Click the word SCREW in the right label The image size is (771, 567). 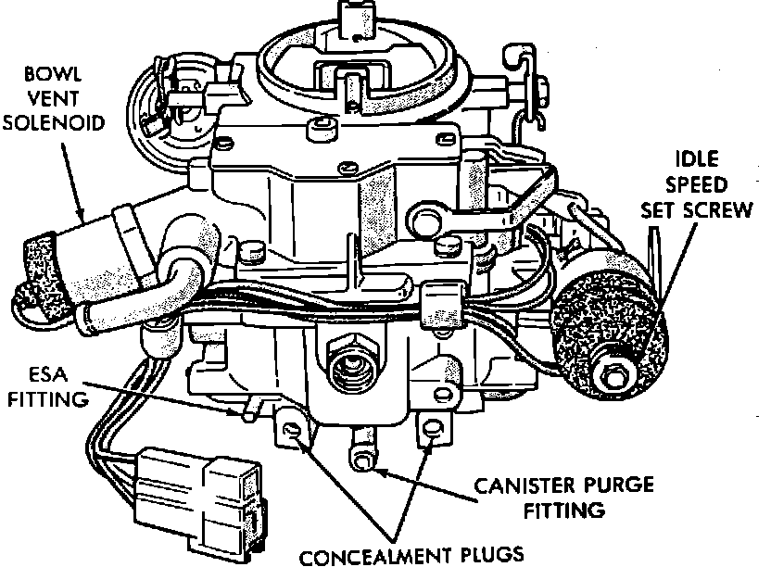click(x=725, y=209)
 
